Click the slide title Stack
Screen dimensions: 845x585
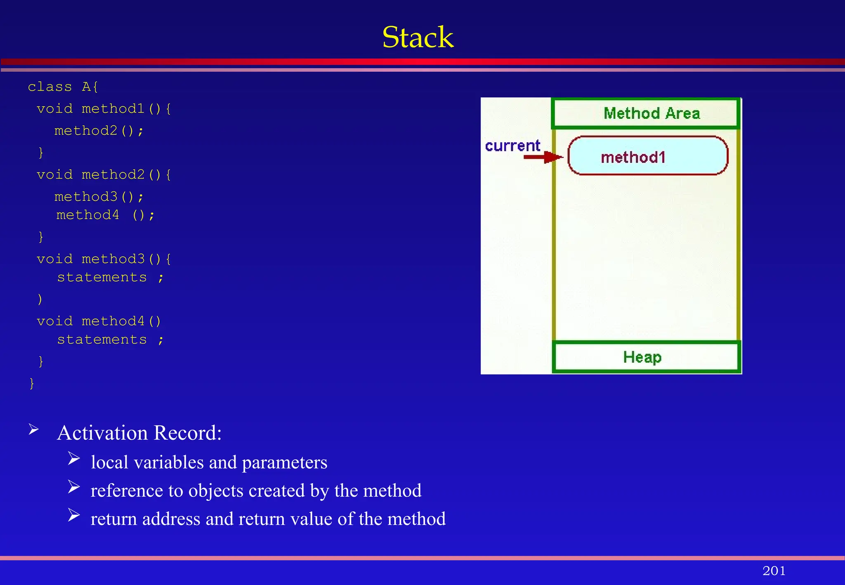[418, 38]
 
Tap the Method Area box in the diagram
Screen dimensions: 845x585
[646, 113]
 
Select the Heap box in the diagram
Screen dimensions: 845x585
[646, 357]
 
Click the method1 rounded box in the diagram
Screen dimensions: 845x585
[648, 156]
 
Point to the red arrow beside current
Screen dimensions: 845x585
[543, 157]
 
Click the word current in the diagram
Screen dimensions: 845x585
[512, 146]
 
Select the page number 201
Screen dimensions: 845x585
[774, 571]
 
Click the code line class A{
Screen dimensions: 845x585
[63, 87]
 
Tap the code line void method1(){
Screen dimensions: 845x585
[104, 109]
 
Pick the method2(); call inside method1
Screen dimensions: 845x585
[99, 131]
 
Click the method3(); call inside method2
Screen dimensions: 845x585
[99, 197]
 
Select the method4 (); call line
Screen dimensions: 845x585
[105, 215]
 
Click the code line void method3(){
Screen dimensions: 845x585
[104, 259]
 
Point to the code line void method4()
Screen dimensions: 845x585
[99, 321]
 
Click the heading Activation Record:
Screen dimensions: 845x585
[139, 433]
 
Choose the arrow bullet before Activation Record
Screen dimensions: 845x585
[34, 429]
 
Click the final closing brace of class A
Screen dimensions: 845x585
[32, 383]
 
